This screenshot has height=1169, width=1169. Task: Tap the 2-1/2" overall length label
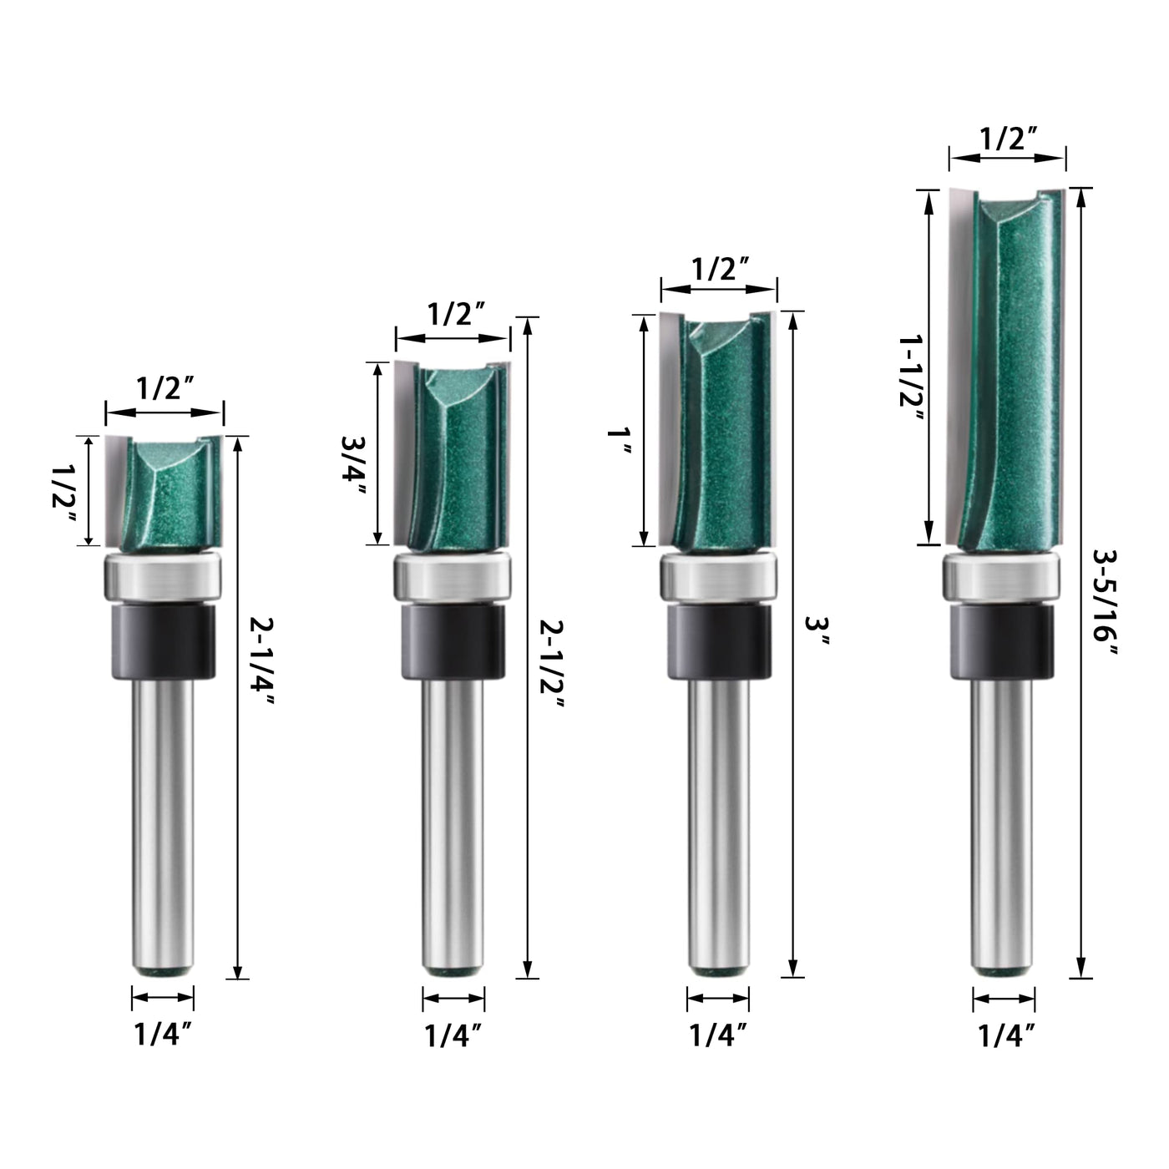tap(552, 664)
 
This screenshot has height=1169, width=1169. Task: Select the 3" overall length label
tap(817, 631)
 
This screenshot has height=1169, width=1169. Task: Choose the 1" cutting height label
tap(620, 441)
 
